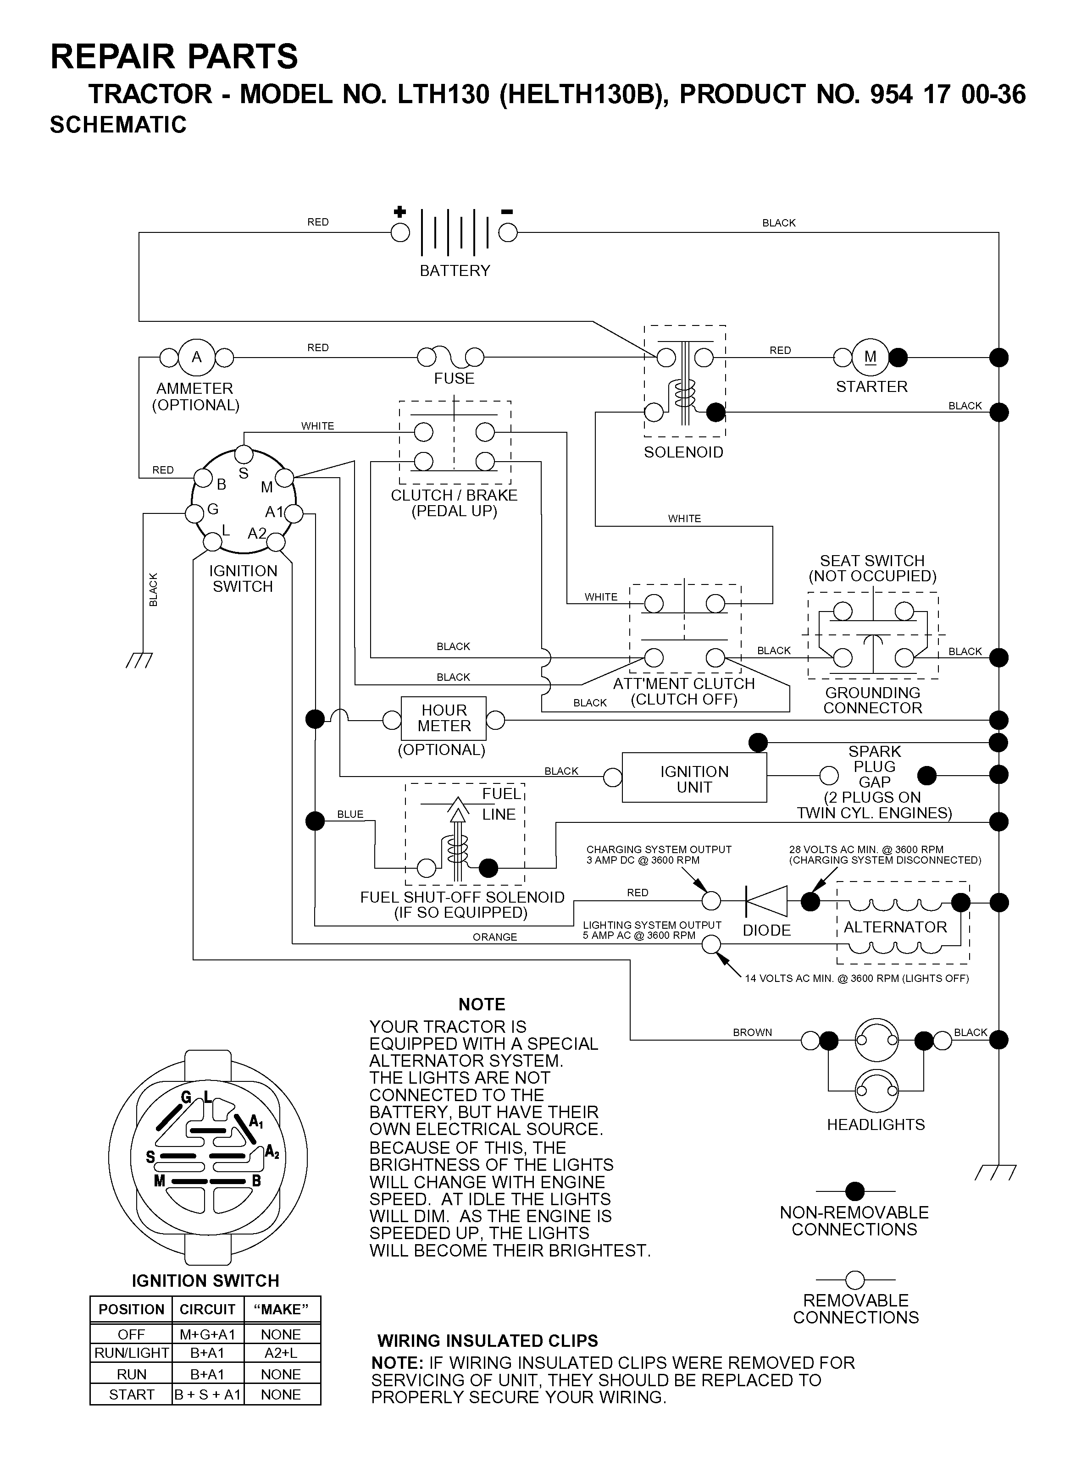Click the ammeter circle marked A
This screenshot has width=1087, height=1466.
click(x=197, y=358)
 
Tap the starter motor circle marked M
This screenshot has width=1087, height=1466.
click(x=871, y=357)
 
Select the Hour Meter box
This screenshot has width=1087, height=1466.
click(x=444, y=718)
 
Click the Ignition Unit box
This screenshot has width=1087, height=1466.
click(x=694, y=778)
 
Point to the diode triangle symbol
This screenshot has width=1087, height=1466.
click(x=766, y=901)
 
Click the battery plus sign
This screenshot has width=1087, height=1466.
click(x=399, y=212)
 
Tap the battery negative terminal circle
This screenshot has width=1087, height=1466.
click(x=508, y=233)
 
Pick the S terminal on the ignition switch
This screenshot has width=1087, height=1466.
click(x=244, y=454)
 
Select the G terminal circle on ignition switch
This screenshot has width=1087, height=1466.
click(x=195, y=513)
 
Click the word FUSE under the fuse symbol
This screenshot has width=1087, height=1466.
click(x=454, y=379)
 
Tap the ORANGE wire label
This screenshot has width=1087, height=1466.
click(x=495, y=937)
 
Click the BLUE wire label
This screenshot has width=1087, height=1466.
click(x=350, y=814)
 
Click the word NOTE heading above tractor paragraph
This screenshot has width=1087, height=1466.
click(x=482, y=1004)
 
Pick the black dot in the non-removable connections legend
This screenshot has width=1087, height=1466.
click(x=855, y=1191)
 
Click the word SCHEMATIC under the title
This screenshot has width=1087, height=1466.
click(x=118, y=124)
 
